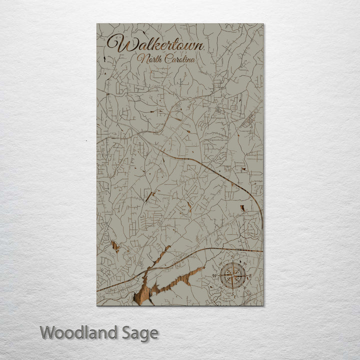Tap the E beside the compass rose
[x=249, y=275]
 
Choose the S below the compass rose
[x=233, y=291]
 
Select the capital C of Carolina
[x=167, y=59]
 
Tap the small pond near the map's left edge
[x=115, y=246]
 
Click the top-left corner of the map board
[x=97, y=23]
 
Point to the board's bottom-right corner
[x=263, y=305]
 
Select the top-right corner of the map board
[x=263, y=23]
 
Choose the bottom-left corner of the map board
[x=97, y=305]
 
